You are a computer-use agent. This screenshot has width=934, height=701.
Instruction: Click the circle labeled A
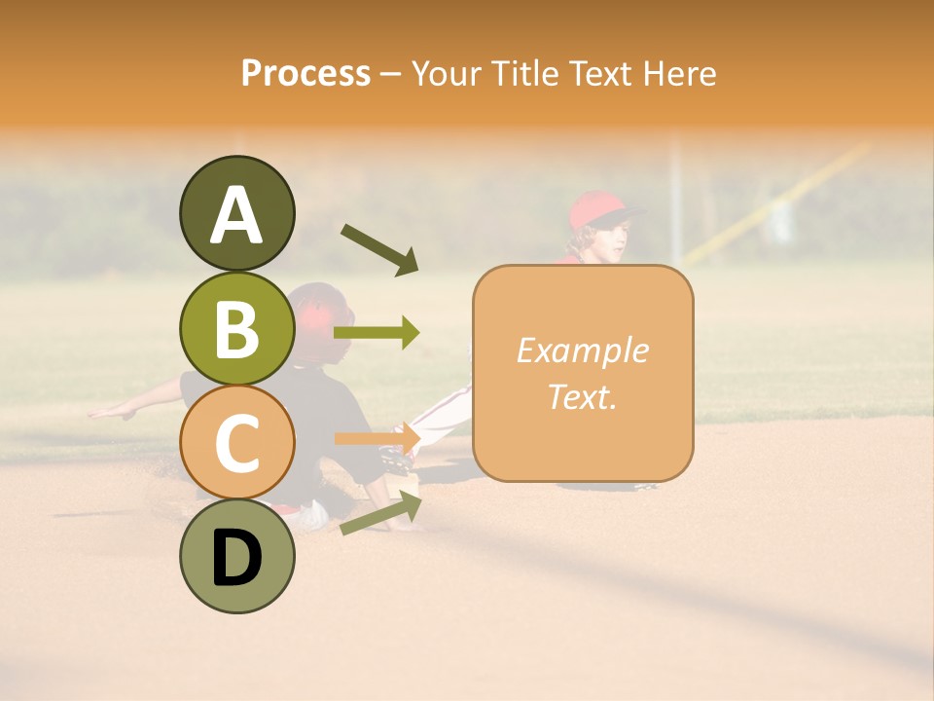click(236, 214)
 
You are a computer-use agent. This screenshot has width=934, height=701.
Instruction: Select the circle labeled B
click(236, 328)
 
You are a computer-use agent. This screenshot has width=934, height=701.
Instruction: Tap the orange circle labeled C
click(236, 442)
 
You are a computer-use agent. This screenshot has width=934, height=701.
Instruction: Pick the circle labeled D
click(236, 556)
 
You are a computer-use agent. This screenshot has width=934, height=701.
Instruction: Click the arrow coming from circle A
click(379, 249)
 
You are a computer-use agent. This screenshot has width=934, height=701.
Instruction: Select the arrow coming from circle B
click(377, 333)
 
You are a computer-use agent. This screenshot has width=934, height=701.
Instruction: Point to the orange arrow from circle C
click(377, 438)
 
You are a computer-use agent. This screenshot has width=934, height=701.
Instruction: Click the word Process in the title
click(305, 73)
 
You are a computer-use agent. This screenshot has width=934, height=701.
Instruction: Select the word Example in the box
click(582, 350)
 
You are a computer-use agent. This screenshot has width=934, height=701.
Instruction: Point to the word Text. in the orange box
click(582, 396)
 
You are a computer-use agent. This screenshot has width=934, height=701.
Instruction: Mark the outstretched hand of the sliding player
click(109, 413)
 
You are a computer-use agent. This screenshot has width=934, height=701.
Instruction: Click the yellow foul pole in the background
click(778, 204)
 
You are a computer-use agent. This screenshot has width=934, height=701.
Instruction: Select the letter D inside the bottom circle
click(236, 558)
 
